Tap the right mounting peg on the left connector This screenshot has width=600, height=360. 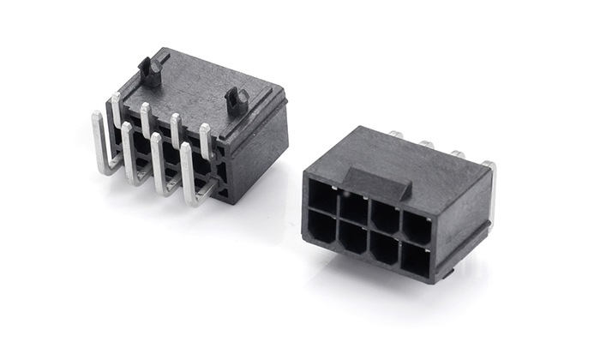tap(237, 100)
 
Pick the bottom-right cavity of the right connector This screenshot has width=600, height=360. tap(414, 260)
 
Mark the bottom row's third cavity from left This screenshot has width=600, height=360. tap(383, 249)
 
